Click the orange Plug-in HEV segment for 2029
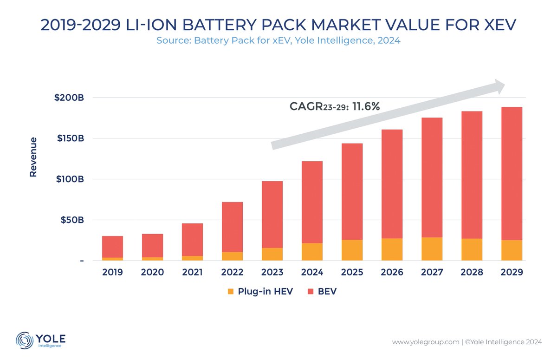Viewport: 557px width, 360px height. [x=512, y=250]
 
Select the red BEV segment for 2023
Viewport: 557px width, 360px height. [x=272, y=214]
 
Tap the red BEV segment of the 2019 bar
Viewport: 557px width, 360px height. [x=112, y=247]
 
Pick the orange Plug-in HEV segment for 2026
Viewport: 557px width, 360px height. [x=392, y=249]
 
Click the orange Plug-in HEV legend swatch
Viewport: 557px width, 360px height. [x=231, y=292]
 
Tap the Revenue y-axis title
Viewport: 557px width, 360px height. [x=33, y=157]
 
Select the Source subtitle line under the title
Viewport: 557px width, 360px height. [x=278, y=41]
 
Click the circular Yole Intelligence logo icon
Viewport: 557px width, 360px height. [x=24, y=340]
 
